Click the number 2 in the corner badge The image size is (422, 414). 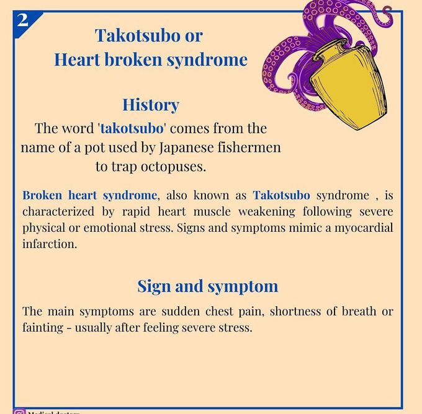point(22,20)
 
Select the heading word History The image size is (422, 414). point(150,105)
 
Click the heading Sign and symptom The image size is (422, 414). point(207,286)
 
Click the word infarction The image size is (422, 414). point(50,244)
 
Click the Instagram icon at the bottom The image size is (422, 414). point(19,410)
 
